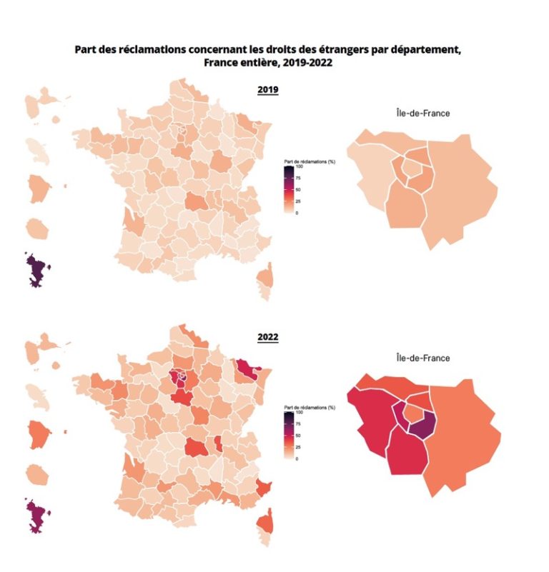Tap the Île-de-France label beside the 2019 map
pyautogui.click(x=422, y=113)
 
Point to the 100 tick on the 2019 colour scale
pyautogui.click(x=297, y=166)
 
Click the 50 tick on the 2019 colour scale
pyautogui.click(x=297, y=189)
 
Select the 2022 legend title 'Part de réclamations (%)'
pyautogui.click(x=310, y=407)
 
